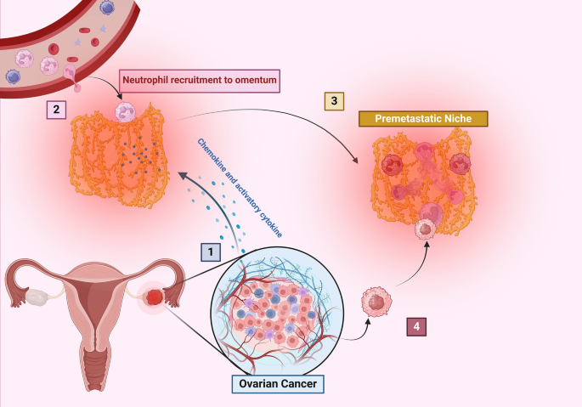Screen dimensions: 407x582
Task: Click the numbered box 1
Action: pyautogui.click(x=209, y=252)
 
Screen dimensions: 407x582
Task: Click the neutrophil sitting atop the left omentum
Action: pyautogui.click(x=126, y=112)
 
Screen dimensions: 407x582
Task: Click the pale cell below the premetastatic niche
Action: pyautogui.click(x=424, y=228)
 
